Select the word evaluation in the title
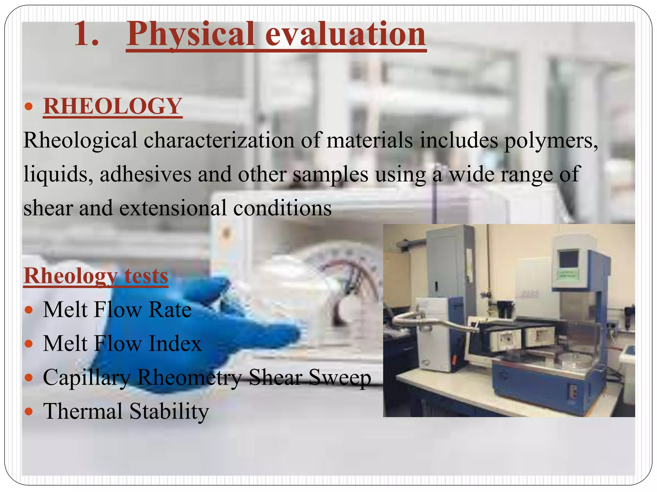pyautogui.click(x=345, y=34)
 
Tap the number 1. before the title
pyautogui.click(x=86, y=34)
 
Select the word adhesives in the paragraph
pyautogui.click(x=145, y=174)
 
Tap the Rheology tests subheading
pyautogui.click(x=96, y=276)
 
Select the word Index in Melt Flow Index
pyautogui.click(x=175, y=344)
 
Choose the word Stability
pyautogui.click(x=169, y=412)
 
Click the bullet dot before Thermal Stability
pyautogui.click(x=29, y=412)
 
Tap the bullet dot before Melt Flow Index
pyautogui.click(x=29, y=344)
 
